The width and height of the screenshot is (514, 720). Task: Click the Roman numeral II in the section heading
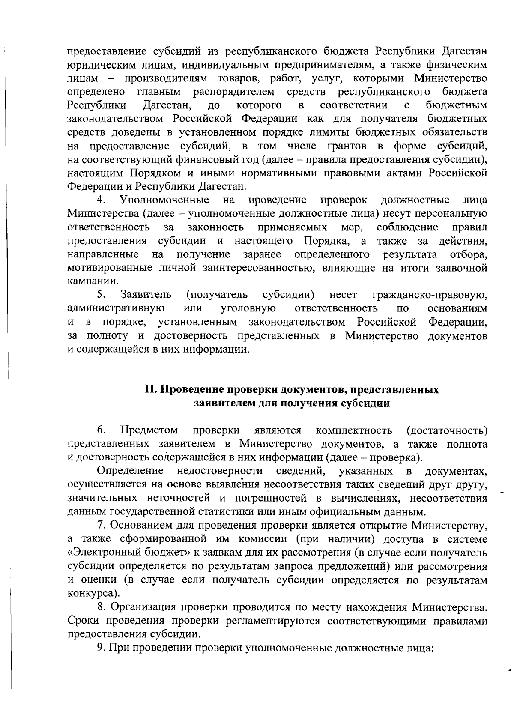coord(151,390)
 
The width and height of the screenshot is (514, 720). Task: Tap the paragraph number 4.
coord(101,200)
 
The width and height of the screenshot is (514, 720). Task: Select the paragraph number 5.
coord(101,295)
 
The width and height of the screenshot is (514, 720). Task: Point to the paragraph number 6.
coord(101,430)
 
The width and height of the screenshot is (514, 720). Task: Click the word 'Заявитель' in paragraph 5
coord(146,295)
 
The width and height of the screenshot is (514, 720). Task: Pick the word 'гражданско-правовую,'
coord(430,295)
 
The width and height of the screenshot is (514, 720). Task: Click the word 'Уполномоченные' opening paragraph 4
coord(164,200)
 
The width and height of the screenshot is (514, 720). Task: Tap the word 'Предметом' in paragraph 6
coord(149,430)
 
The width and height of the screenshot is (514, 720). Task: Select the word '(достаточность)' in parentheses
coord(447,430)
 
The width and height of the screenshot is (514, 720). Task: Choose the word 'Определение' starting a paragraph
coord(131,471)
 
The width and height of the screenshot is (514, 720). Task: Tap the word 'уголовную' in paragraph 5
coord(248,308)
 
